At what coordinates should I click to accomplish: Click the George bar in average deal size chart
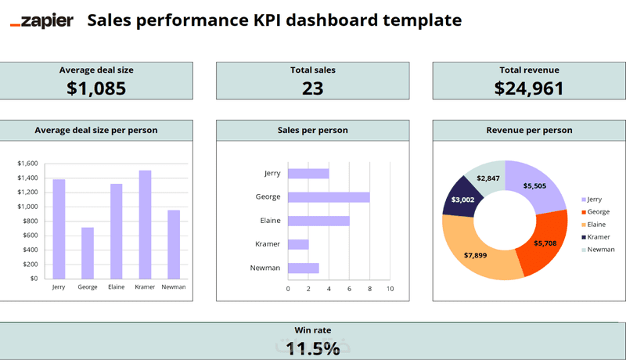click(88, 252)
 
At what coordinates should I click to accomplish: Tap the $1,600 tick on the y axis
click(27, 164)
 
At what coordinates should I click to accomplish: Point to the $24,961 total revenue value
click(529, 88)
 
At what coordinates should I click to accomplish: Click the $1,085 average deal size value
click(96, 88)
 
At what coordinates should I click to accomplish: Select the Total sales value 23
click(312, 88)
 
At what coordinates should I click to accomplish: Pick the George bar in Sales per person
click(329, 197)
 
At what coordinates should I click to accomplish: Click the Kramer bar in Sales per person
click(298, 244)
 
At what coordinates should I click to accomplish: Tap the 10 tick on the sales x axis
click(390, 289)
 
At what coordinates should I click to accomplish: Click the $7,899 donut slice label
click(475, 255)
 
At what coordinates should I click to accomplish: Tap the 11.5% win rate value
click(312, 348)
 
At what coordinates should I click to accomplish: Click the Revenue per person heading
click(529, 130)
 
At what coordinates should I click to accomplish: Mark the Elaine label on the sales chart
click(270, 221)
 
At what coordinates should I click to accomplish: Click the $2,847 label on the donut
click(488, 178)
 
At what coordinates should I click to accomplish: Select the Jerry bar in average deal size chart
click(59, 229)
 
